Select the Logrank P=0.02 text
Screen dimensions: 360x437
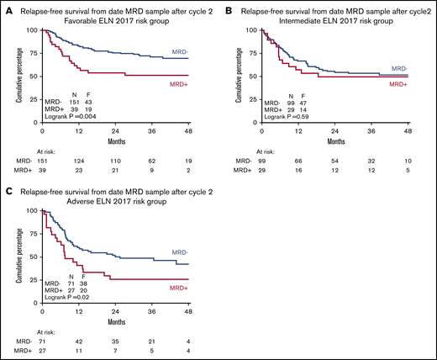70,297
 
